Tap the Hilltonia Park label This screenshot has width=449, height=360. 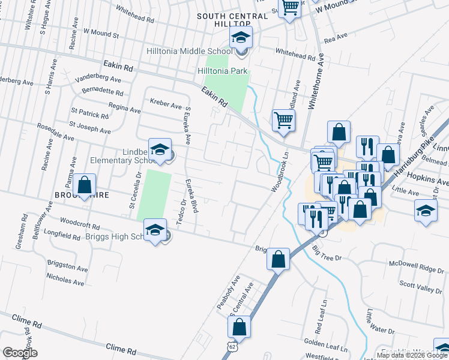[223, 71]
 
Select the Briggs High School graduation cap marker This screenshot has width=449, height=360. [155, 230]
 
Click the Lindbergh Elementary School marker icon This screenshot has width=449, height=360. [160, 151]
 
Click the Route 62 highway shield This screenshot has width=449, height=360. [232, 347]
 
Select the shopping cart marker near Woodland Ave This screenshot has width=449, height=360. [283, 119]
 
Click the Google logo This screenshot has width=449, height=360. [20, 353]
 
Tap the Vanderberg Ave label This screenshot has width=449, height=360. [98, 78]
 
